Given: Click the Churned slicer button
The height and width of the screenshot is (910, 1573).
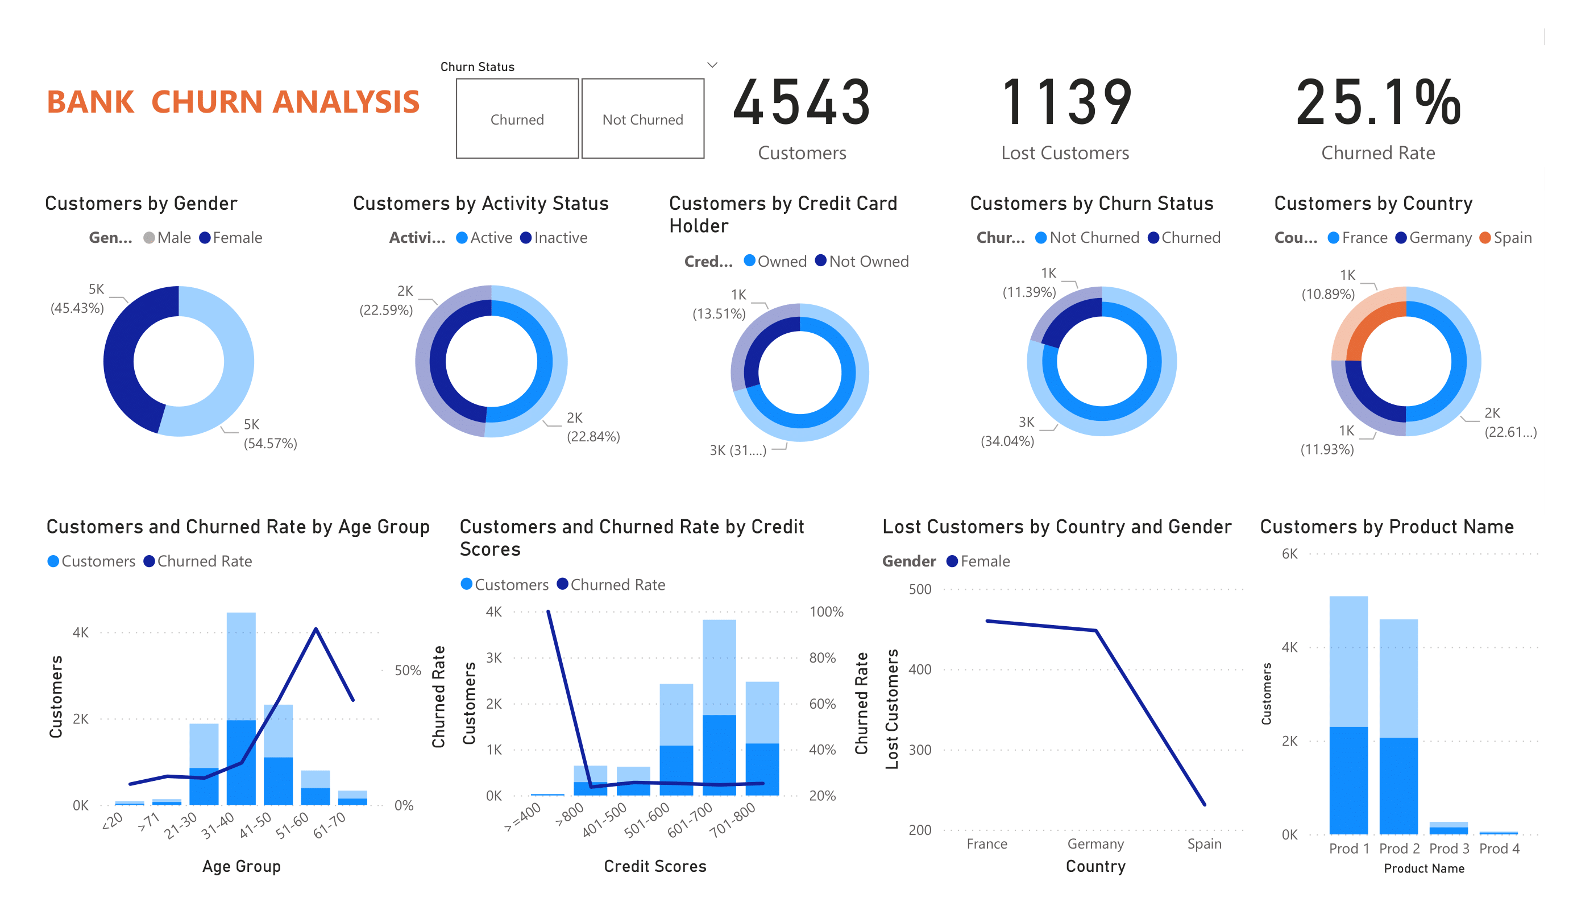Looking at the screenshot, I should (x=517, y=119).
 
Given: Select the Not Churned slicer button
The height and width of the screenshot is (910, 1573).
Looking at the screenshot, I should (x=642, y=119).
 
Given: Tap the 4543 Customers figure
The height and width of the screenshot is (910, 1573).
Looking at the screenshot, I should (x=802, y=102).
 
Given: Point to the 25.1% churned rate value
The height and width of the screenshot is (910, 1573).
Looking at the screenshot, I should (x=1377, y=102).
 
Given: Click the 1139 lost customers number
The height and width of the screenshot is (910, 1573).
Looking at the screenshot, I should (x=1065, y=102).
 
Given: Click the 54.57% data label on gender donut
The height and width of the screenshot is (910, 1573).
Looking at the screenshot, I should (x=269, y=443).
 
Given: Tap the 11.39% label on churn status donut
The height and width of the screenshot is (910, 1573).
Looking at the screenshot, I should (x=1029, y=292).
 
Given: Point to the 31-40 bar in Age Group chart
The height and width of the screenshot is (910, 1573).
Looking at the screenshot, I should (x=241, y=709).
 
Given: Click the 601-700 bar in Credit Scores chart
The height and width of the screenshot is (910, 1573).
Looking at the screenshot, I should (x=719, y=707).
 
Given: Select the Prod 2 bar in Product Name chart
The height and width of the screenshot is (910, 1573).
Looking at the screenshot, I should (x=1398, y=726).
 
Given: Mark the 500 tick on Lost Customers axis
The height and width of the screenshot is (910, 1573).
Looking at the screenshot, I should (x=919, y=589).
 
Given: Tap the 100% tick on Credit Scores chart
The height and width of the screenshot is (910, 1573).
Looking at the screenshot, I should (x=826, y=611).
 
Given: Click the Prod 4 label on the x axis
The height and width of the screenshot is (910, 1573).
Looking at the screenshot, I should (x=1499, y=848).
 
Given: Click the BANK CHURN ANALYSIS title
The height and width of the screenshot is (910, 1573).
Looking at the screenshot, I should (x=233, y=102).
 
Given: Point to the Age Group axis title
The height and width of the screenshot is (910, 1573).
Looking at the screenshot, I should (x=241, y=866).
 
